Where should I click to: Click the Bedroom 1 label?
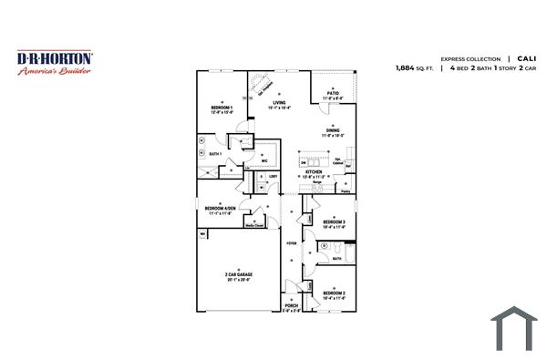tap(222, 109)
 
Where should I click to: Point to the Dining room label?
tap(333, 131)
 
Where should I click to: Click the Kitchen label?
tap(314, 172)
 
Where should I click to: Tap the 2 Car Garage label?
tap(239, 275)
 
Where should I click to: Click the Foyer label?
tap(292, 243)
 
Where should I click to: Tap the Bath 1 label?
tap(215, 154)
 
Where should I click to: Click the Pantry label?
tap(346, 191)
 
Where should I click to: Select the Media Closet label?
tap(254, 225)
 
